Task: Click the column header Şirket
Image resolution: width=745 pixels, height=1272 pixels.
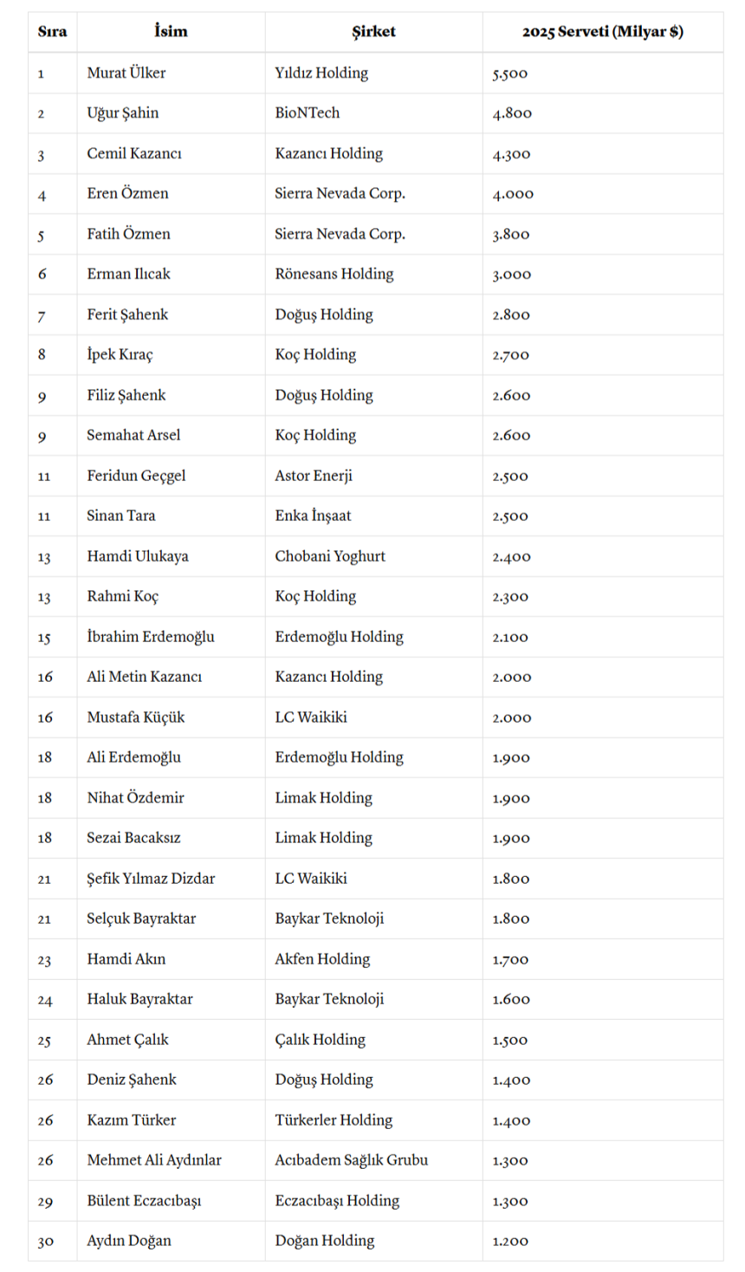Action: [x=373, y=32]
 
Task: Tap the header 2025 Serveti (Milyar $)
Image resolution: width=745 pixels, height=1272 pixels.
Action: [x=602, y=32]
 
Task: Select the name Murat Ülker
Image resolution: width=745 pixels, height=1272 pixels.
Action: [x=126, y=73]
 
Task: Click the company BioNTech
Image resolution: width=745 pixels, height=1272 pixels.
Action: [x=308, y=113]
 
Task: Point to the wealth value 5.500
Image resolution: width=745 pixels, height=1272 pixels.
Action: [x=510, y=74]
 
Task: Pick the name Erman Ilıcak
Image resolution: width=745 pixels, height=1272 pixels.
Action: [x=128, y=274]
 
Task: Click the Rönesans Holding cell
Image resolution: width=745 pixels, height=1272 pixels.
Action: [x=334, y=274]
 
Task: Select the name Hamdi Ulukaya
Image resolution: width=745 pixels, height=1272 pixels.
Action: [x=138, y=556]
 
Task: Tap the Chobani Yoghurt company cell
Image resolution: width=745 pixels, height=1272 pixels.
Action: [x=330, y=556]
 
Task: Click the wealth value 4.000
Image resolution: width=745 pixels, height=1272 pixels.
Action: [x=513, y=194]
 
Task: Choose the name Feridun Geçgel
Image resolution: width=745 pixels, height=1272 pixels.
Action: [x=136, y=476]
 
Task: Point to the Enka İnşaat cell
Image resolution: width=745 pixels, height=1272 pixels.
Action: [x=313, y=516]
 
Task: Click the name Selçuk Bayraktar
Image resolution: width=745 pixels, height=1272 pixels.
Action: [x=141, y=918]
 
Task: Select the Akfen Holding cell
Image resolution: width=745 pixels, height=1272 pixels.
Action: [x=322, y=959]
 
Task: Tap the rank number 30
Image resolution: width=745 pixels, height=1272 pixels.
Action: [x=45, y=1242]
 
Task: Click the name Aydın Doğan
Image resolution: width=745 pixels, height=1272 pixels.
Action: [x=129, y=1241]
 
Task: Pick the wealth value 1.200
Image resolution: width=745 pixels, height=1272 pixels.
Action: [x=510, y=1242]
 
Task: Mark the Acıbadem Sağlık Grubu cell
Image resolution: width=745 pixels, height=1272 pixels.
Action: [x=352, y=1160]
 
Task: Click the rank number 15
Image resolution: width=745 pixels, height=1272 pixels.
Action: [x=44, y=638]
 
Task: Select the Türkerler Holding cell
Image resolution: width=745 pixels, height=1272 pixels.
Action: [x=334, y=1120]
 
